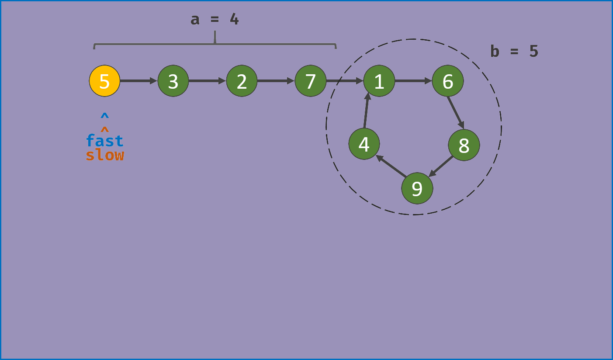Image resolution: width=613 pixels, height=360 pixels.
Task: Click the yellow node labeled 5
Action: point(104,81)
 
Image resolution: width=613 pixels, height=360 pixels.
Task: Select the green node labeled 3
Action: point(173,81)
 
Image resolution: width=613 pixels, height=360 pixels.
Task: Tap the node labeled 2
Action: point(242,81)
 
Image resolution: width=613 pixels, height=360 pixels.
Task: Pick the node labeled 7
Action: point(310,81)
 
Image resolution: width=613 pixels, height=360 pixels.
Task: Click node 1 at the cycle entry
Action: point(379,81)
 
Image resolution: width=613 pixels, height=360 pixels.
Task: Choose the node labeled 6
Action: point(448,81)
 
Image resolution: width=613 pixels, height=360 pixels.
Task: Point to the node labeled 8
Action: point(464,145)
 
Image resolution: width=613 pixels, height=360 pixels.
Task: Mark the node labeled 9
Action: point(417,188)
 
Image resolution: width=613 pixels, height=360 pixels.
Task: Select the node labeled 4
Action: point(364,144)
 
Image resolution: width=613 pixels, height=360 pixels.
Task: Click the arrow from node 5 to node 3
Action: point(138,81)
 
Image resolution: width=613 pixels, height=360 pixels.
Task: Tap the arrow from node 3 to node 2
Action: point(207,81)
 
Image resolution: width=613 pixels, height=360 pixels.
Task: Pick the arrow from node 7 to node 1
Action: point(345,81)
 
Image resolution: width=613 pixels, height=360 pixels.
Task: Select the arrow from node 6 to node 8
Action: point(456,113)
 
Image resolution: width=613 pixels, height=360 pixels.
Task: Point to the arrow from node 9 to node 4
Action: point(391,166)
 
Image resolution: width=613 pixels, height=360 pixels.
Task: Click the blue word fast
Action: point(105,141)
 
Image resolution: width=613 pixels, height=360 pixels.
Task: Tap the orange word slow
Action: point(105,155)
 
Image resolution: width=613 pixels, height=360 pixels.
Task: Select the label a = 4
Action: point(215,20)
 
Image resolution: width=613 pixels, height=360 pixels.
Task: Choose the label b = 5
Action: point(514,52)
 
